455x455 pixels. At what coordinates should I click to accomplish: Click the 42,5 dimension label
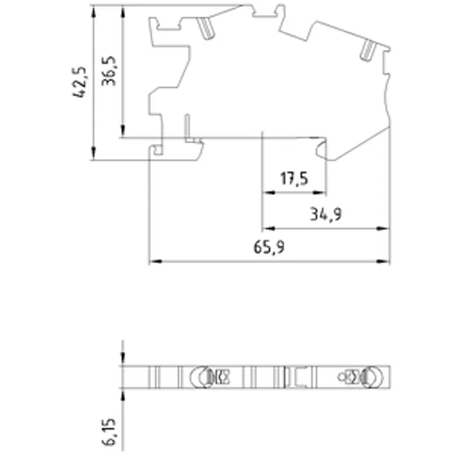pyautogui.click(x=80, y=82)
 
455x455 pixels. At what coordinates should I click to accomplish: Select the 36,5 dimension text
pyautogui.click(x=109, y=71)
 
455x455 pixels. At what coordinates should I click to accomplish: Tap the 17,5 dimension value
pyautogui.click(x=294, y=179)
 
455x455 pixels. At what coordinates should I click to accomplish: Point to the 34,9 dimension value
pyautogui.click(x=326, y=214)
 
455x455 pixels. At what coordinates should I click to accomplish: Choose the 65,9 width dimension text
pyautogui.click(x=269, y=247)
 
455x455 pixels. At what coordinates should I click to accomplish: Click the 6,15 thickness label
pyautogui.click(x=109, y=432)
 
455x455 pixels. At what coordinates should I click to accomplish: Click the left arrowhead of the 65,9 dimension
pyautogui.click(x=156, y=262)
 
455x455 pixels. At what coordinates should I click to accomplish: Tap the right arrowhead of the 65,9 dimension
pyautogui.click(x=382, y=262)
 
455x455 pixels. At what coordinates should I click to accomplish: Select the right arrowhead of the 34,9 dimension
pyautogui.click(x=382, y=229)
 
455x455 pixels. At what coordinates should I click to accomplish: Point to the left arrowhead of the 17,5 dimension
pyautogui.click(x=268, y=192)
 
